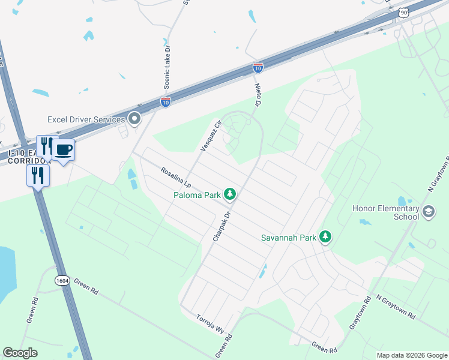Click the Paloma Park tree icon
(229, 194)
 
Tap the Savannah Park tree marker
(325, 237)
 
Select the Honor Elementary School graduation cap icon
(429, 211)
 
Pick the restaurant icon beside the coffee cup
(46, 146)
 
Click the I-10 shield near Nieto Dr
(258, 68)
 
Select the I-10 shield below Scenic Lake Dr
(166, 102)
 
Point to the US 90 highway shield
(405, 12)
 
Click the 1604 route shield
(62, 280)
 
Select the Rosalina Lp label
(175, 176)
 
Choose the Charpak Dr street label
(221, 226)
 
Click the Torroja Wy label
(209, 325)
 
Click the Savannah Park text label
(288, 237)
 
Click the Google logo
(20, 353)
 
